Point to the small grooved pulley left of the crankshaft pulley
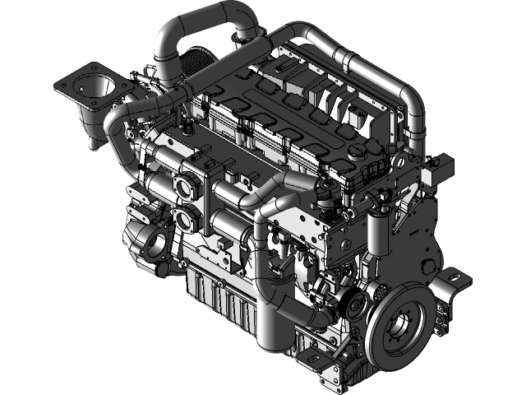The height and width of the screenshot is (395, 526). point(357,307)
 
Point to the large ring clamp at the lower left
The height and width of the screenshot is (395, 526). point(154,243)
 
